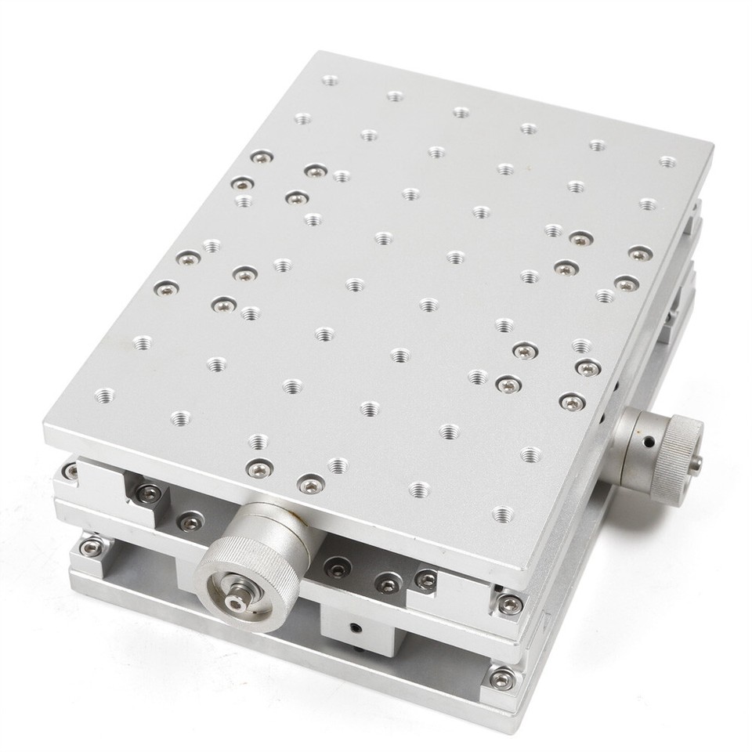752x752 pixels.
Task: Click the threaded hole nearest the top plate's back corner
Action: pos(330,80)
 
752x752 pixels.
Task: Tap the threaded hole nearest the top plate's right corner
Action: pos(667,161)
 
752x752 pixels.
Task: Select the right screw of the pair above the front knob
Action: pos(311,486)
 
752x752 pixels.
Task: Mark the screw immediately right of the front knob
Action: pos(338,569)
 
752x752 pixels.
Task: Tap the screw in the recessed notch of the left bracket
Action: pos(148,493)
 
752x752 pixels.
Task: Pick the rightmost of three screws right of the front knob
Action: pos(425,580)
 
